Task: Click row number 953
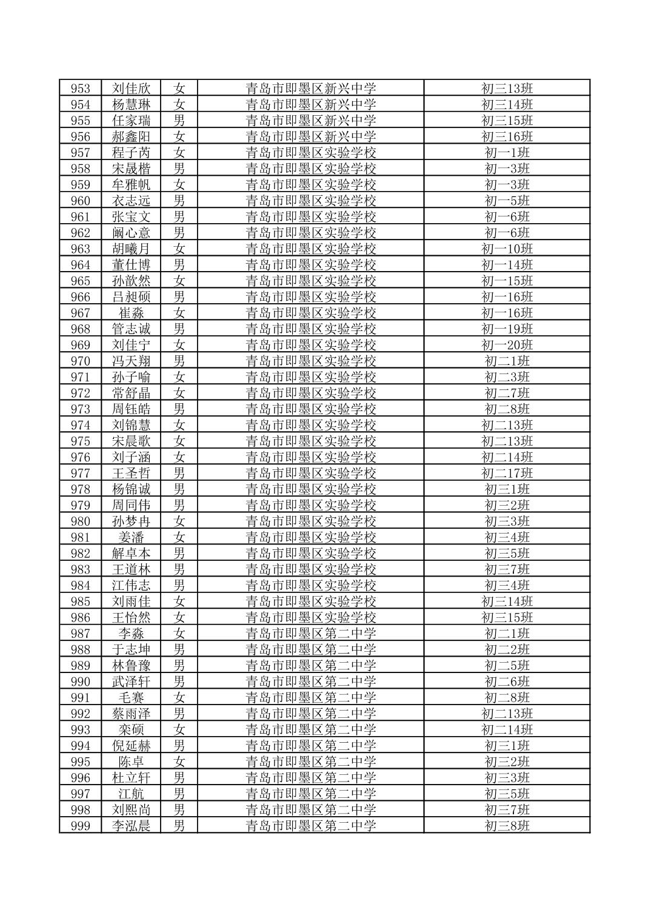tap(80, 89)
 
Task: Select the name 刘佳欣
tap(131, 89)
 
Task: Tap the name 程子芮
tap(131, 153)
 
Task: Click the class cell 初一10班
tap(507, 249)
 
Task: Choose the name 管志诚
tap(131, 329)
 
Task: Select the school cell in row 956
tap(310, 136)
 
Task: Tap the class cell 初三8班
tap(507, 826)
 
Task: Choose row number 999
tap(80, 826)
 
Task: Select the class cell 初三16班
tap(507, 136)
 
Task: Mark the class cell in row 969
tap(507, 345)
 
